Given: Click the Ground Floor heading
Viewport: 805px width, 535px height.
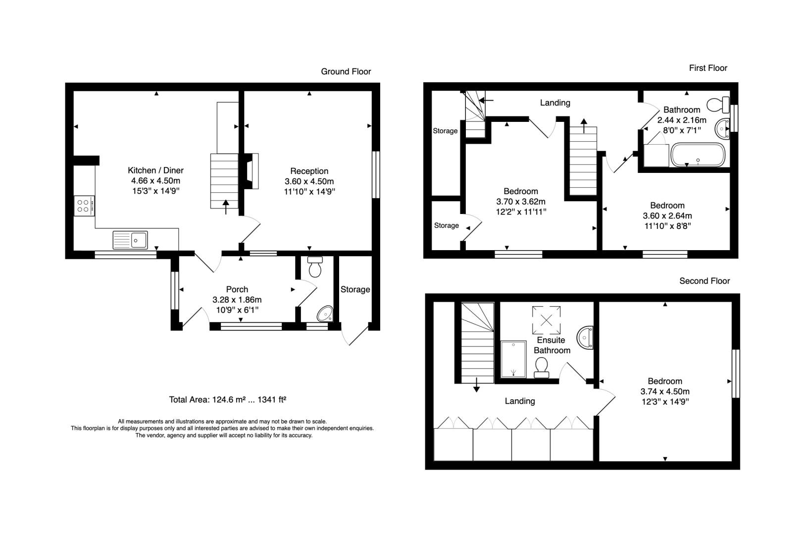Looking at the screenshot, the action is tap(346, 71).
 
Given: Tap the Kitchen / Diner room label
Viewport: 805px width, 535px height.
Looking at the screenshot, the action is tap(155, 170).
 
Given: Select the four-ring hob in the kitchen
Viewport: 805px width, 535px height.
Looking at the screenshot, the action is tap(85, 206).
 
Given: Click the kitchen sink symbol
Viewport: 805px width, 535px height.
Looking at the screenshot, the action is tap(130, 240).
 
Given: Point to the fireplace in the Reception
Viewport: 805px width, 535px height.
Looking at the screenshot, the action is tap(251, 171).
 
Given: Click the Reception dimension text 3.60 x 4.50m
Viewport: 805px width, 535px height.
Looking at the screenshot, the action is tap(309, 181).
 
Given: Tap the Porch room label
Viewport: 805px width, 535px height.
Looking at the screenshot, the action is tap(237, 289).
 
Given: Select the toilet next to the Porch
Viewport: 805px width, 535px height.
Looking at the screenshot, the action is tap(315, 267).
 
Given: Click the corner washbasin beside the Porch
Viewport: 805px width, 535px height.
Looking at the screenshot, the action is tap(326, 314).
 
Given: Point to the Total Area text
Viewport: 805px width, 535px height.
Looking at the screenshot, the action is tap(227, 399).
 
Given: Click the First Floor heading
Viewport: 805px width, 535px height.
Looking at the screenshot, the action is tap(708, 68).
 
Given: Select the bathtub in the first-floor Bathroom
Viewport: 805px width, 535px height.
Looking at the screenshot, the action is tap(698, 155).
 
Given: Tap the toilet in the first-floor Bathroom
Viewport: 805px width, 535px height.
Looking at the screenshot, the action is tap(718, 106).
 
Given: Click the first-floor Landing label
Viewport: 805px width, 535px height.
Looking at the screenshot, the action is tap(555, 103).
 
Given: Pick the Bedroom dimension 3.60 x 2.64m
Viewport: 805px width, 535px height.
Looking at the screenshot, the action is tap(667, 215).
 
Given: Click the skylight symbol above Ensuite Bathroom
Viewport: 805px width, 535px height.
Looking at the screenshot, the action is tap(546, 320).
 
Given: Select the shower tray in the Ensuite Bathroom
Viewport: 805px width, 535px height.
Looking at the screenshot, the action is tap(513, 359).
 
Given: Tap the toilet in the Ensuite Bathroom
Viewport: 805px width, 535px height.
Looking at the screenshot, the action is tap(541, 369).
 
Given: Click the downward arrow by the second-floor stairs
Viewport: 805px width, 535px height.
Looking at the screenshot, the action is tap(477, 384).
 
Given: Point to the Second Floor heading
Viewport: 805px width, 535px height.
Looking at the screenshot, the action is tap(704, 281).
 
